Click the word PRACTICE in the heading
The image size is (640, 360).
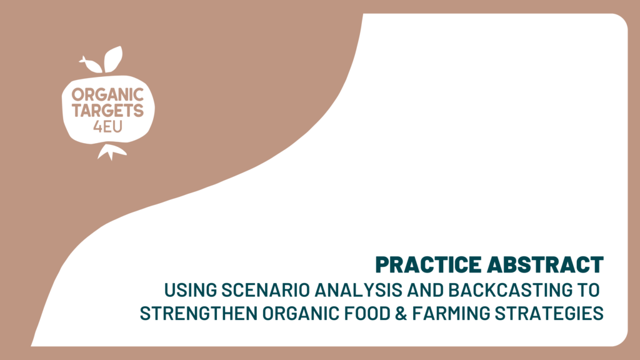click(x=429, y=264)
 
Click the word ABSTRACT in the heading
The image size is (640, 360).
click(x=545, y=264)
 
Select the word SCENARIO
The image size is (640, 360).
click(x=266, y=290)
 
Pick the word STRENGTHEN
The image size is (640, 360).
click(x=199, y=314)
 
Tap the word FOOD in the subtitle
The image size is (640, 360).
click(x=368, y=314)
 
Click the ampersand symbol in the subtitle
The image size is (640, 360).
click(x=402, y=314)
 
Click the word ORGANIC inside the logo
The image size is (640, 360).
click(x=107, y=95)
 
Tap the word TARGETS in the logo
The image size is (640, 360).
click(x=107, y=111)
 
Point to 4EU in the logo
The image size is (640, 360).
click(x=107, y=127)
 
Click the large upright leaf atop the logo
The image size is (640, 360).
click(x=113, y=59)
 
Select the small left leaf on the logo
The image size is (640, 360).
click(x=92, y=65)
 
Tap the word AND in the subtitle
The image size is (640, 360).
click(x=425, y=290)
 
